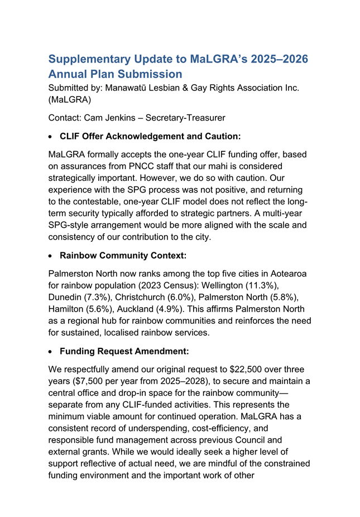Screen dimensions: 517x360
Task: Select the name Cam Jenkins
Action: click(x=109, y=118)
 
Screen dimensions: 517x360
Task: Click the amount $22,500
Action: click(x=248, y=370)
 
